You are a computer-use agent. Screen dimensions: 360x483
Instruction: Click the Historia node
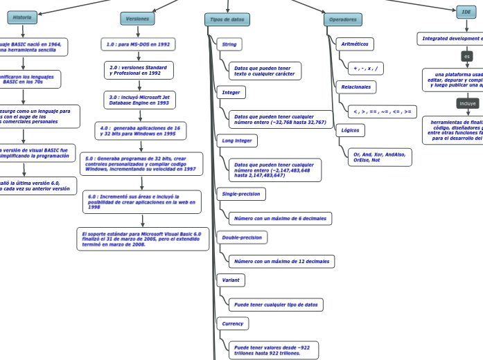pyautogui.click(x=22, y=17)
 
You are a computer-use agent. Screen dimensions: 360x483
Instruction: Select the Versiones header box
pyautogui.click(x=137, y=19)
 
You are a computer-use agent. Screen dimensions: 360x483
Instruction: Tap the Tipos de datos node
pyautogui.click(x=227, y=19)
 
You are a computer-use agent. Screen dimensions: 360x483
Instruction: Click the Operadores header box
pyautogui.click(x=342, y=19)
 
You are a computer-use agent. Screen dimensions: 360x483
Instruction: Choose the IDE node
pyautogui.click(x=466, y=12)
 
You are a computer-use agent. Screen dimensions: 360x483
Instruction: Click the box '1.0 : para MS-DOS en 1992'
pyautogui.click(x=137, y=44)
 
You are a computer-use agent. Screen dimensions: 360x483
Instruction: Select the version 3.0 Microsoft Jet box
pyautogui.click(x=139, y=100)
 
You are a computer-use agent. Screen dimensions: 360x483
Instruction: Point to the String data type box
pyautogui.click(x=229, y=44)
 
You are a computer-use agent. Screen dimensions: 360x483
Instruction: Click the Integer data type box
pyautogui.click(x=231, y=92)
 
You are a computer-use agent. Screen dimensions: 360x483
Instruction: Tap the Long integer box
pyautogui.click(x=236, y=141)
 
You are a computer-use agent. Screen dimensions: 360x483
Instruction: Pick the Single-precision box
pyautogui.click(x=240, y=195)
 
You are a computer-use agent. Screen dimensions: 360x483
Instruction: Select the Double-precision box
pyautogui.click(x=241, y=237)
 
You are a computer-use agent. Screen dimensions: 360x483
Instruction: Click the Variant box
pyautogui.click(x=230, y=280)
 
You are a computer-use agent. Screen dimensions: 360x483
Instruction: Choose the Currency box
pyautogui.click(x=232, y=323)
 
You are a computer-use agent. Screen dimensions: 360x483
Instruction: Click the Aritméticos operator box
pyautogui.click(x=355, y=44)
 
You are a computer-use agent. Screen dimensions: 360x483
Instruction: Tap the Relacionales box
pyautogui.click(x=355, y=87)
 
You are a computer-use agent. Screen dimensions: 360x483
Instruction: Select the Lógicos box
pyautogui.click(x=350, y=129)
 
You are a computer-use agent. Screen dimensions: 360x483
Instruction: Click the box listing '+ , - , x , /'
pyautogui.click(x=365, y=69)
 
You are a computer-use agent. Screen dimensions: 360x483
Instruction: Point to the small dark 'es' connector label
pyautogui.click(x=466, y=56)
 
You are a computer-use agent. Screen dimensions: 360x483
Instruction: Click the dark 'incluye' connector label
pyautogui.click(x=468, y=103)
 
